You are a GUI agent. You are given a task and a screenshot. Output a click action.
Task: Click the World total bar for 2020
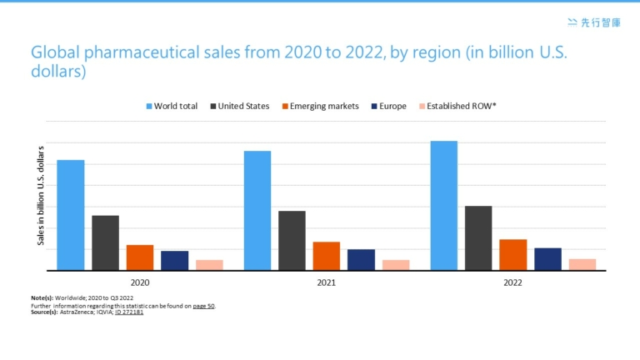pos(71,215)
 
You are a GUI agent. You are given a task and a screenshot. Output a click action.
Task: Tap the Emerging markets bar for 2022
pos(512,254)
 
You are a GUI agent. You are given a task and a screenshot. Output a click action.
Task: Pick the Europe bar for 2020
pos(174,260)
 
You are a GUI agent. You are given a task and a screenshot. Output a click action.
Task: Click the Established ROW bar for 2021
pos(396,265)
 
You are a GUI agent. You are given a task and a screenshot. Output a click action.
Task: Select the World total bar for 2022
pos(443,206)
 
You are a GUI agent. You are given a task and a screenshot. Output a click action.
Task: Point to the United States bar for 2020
pos(105,242)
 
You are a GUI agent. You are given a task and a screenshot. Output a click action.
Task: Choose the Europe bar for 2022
pos(547,258)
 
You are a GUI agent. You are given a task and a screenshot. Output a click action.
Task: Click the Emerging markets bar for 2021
pos(327,256)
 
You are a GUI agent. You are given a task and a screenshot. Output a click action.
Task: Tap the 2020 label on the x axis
pos(140,283)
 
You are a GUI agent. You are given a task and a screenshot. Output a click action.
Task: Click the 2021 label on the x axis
pos(327,283)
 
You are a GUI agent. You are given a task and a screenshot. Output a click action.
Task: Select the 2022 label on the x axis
pos(512,283)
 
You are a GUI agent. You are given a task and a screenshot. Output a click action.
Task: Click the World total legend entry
pos(172,107)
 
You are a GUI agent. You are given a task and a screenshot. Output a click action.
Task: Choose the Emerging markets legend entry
pos(319,107)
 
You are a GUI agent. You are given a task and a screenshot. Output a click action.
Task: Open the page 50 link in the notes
pos(203,306)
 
